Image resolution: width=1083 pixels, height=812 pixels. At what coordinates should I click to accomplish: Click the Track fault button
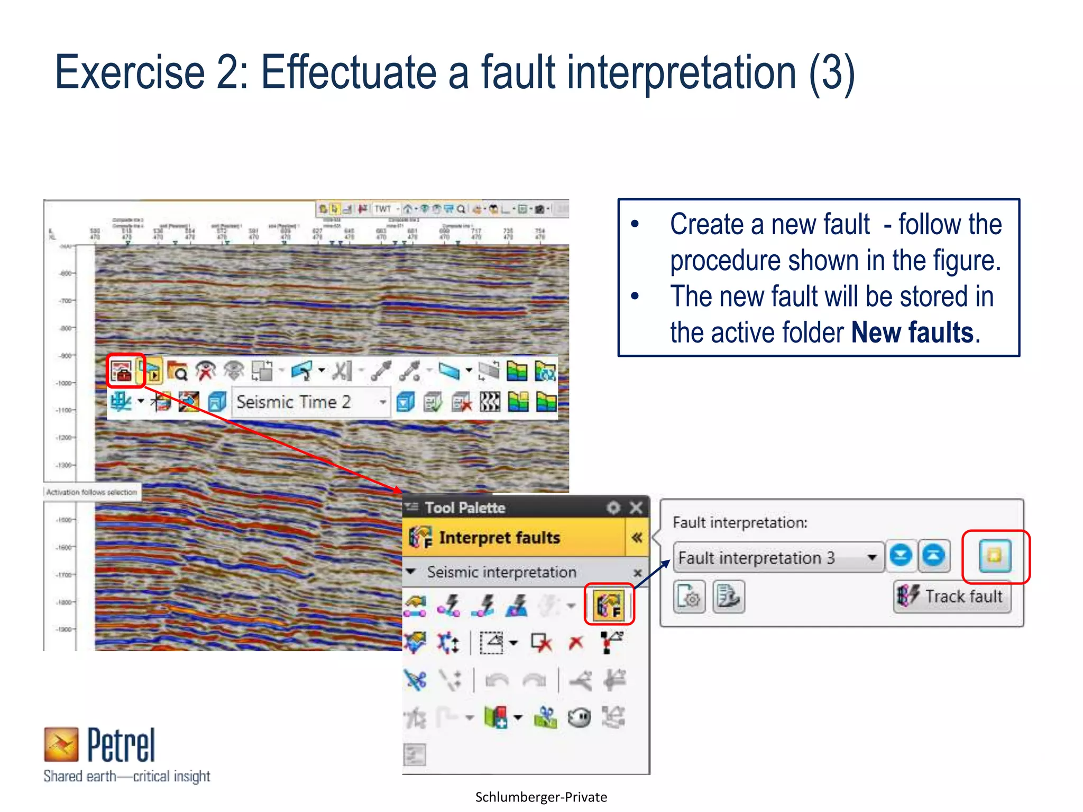click(x=952, y=596)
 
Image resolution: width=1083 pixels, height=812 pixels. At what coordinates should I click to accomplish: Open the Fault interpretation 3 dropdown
click(x=871, y=557)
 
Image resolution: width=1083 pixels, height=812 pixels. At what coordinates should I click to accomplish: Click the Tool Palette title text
click(x=465, y=508)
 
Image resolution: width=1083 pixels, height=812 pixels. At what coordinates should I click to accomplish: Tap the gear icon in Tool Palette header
click(x=613, y=508)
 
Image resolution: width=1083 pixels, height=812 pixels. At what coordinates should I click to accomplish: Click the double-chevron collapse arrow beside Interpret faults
click(x=637, y=538)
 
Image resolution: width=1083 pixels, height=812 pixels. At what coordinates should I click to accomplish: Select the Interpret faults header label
click(x=499, y=538)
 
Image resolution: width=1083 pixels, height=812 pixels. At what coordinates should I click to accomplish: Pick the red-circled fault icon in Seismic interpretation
click(x=609, y=605)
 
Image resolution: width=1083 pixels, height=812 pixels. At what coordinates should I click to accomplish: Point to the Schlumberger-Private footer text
click(x=541, y=797)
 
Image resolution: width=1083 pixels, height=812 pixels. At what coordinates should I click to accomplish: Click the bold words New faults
click(x=912, y=333)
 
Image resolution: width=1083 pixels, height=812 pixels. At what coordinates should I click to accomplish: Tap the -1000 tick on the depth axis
click(x=66, y=383)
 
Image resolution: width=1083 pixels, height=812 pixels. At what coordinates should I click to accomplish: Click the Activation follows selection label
click(x=91, y=492)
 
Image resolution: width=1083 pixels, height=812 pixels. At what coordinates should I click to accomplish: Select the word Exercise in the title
click(x=130, y=72)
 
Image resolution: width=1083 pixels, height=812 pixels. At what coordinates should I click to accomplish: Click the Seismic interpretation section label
click(x=501, y=572)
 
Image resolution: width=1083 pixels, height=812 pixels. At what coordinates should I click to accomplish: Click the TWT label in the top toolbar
click(x=382, y=209)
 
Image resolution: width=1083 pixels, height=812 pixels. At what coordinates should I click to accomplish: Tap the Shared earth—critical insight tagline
click(x=127, y=776)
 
